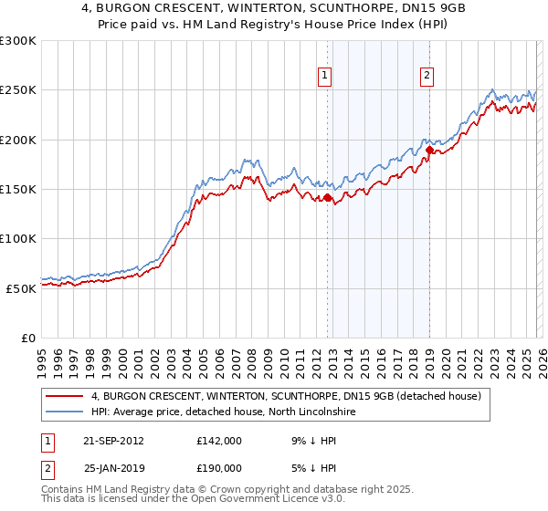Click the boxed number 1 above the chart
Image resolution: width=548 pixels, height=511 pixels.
326,76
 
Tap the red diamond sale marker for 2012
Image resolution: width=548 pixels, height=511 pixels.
327,196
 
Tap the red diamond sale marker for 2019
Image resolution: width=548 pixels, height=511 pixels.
429,150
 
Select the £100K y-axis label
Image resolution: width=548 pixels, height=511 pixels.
18,238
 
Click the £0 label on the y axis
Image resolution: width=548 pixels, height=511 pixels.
27,338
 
